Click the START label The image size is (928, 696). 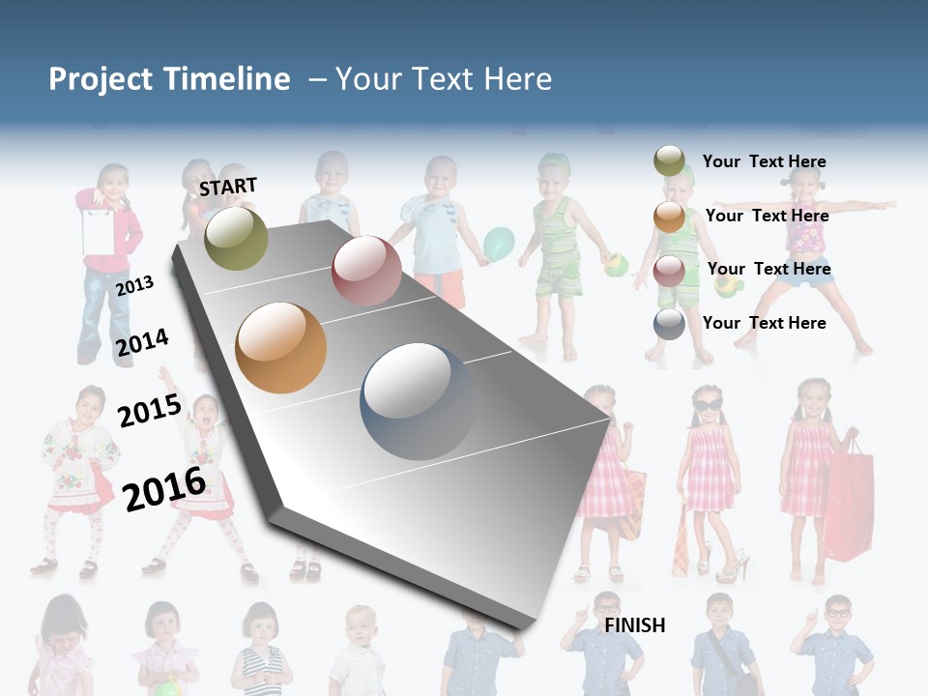228,187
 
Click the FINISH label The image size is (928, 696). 634,625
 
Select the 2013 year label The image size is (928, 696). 134,286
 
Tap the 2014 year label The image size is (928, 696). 142,342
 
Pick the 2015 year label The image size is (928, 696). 149,410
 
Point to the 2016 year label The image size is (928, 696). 164,488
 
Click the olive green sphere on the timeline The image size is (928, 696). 237,238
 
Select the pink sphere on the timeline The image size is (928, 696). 366,271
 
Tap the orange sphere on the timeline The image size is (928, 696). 281,348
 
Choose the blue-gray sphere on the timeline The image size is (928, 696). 418,401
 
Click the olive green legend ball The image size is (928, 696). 669,160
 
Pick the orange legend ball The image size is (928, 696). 669,216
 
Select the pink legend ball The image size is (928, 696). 669,270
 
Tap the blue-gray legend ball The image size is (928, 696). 669,324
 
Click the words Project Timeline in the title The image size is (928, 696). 169,79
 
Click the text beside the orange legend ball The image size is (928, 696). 767,216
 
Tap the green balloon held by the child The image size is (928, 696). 499,244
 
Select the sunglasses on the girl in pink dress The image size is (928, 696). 707,404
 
